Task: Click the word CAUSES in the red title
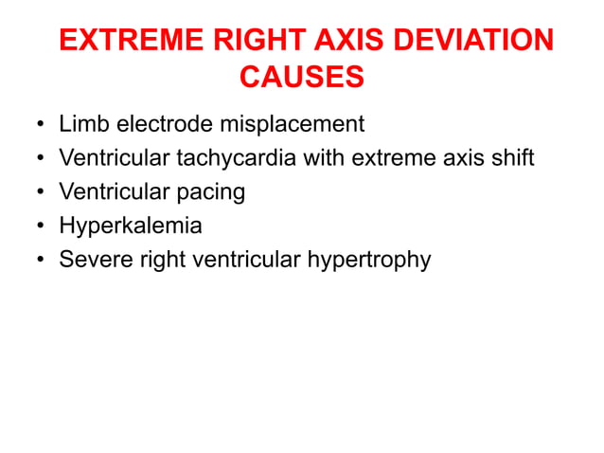point(302,77)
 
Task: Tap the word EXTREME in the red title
point(120,42)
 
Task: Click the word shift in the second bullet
point(513,157)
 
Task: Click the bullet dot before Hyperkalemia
point(40,226)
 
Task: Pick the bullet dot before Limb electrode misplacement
point(40,123)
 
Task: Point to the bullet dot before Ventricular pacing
point(40,191)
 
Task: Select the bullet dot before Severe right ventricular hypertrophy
point(40,259)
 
